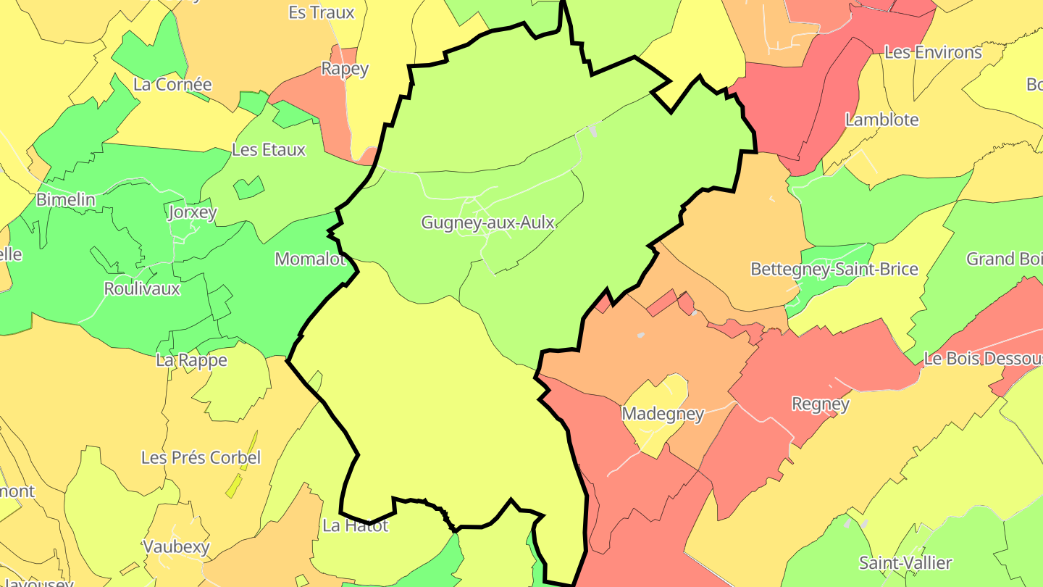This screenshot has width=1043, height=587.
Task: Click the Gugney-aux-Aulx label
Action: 488,222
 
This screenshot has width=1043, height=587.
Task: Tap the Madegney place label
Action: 663,414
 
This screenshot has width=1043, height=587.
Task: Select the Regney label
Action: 820,404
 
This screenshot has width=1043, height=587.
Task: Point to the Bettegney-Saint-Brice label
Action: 834,270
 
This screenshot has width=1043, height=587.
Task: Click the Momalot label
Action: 310,259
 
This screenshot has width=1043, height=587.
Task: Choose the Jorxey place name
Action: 192,212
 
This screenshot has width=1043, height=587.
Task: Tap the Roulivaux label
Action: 142,288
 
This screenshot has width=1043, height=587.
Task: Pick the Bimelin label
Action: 66,199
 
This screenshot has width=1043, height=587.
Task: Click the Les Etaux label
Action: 269,150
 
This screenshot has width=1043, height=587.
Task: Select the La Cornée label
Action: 172,84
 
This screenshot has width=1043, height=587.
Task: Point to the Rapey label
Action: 345,69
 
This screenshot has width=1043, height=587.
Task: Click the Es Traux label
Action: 322,12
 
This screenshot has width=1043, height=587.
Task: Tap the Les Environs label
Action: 933,52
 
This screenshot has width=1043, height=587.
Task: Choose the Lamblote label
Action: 881,120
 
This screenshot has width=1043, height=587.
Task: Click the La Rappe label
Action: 192,360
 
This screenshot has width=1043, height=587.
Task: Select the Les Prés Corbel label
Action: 201,458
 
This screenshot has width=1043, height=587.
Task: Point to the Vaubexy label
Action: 176,546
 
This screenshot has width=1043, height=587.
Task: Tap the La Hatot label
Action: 356,525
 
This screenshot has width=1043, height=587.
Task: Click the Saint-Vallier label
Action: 905,562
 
